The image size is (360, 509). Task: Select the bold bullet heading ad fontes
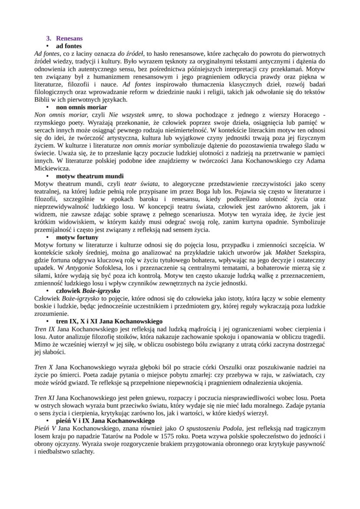(x=69, y=46)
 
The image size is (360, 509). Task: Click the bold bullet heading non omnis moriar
(x=81, y=107)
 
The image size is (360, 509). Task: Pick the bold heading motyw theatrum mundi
(x=90, y=176)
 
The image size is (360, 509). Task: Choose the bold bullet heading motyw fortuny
(x=77, y=237)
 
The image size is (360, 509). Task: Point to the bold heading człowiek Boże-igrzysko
(x=88, y=290)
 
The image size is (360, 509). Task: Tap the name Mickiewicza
(x=51, y=169)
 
